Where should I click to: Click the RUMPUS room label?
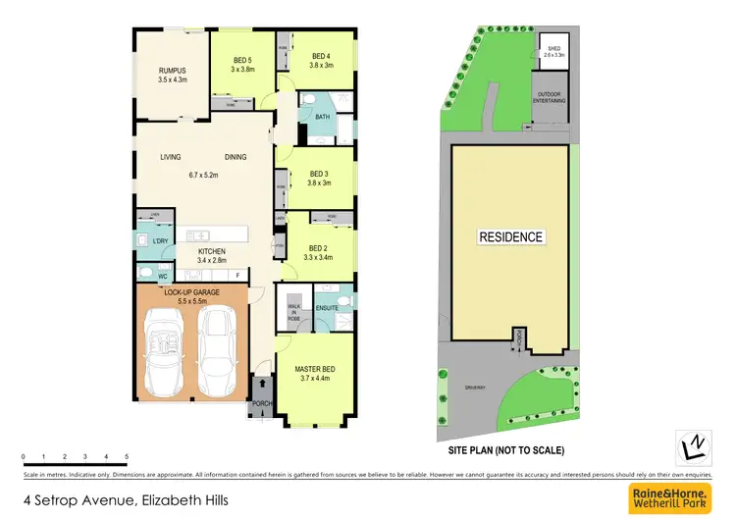pos(173,70)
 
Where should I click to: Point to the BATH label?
pos(322,118)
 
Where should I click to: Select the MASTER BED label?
pos(315,369)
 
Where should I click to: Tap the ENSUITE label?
pos(327,308)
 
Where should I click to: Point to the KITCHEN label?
pos(212,252)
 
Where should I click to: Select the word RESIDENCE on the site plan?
pos(509,237)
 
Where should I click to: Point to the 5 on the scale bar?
pos(127,458)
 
